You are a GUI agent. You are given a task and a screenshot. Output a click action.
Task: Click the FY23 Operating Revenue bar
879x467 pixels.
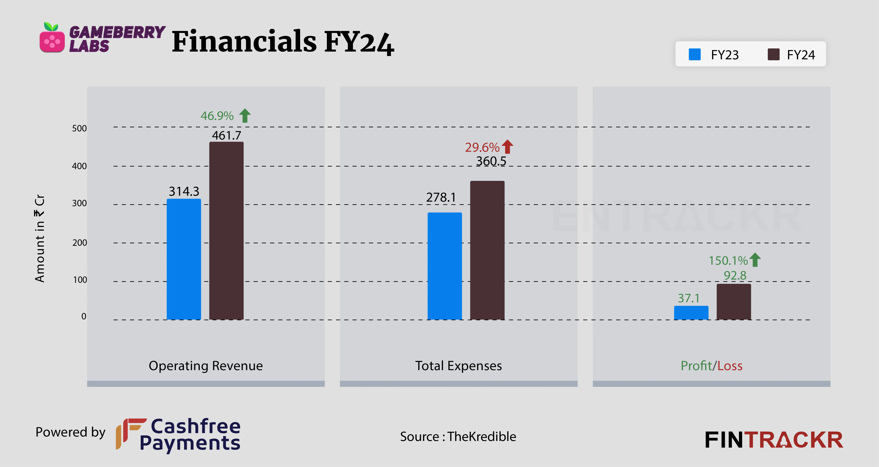184,259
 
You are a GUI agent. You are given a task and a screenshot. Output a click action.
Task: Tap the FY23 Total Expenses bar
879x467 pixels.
445,266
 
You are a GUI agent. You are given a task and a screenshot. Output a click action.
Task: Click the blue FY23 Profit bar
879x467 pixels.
691,313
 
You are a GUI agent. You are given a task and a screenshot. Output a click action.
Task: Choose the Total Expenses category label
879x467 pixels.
458,366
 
